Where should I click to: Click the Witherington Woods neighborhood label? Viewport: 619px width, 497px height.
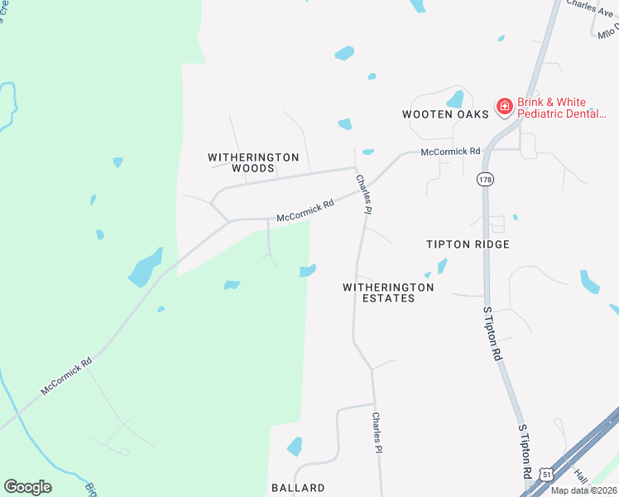(x=241, y=162)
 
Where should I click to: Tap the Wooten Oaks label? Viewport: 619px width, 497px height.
(x=445, y=114)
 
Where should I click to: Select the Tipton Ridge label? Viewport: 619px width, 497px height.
(x=468, y=244)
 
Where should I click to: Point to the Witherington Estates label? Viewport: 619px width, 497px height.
(x=388, y=292)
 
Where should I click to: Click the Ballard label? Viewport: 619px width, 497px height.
(x=298, y=488)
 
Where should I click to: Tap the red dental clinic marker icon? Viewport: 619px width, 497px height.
(x=503, y=106)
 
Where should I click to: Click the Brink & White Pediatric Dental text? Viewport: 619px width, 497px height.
(x=567, y=108)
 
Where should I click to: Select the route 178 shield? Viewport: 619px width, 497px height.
(x=485, y=178)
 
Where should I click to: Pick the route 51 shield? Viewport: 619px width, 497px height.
(x=546, y=472)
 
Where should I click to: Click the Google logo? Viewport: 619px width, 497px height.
(x=27, y=487)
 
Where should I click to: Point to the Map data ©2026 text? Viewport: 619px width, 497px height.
(x=583, y=490)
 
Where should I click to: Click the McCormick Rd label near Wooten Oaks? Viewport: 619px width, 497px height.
(x=450, y=152)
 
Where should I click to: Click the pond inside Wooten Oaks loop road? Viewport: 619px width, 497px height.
(x=454, y=99)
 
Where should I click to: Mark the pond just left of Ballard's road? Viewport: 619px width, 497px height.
(x=294, y=446)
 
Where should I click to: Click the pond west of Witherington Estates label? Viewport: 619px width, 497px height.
(x=308, y=271)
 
